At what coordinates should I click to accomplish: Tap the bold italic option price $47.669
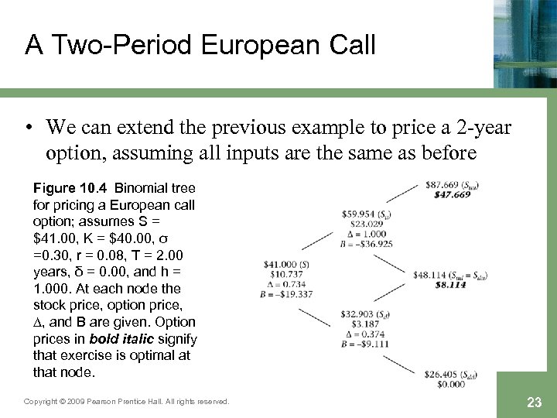click(x=452, y=195)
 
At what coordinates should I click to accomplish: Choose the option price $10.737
click(x=282, y=274)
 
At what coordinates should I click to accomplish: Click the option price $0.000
click(x=450, y=385)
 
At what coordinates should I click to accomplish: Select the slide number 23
click(x=533, y=402)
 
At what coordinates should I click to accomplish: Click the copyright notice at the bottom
click(x=127, y=402)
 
